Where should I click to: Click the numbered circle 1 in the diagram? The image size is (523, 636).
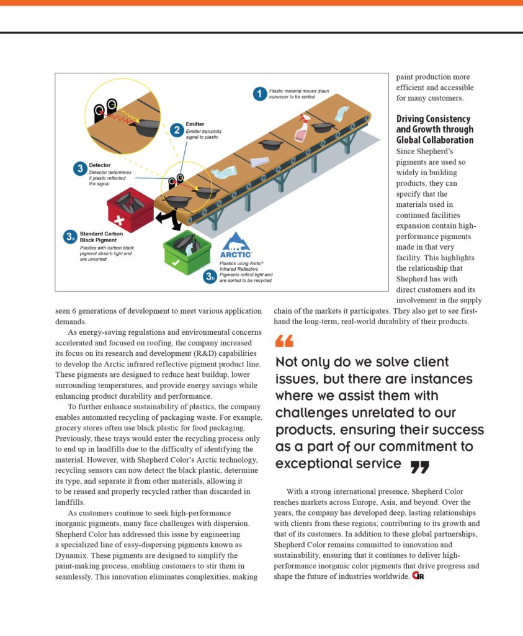tap(260, 94)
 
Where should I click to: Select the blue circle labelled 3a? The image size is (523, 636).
tap(70, 237)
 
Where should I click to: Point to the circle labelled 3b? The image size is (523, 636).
tap(210, 277)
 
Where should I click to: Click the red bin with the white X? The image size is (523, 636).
tap(130, 209)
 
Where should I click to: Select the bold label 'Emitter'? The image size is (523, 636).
tap(195, 124)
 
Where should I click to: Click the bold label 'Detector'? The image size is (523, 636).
tap(100, 165)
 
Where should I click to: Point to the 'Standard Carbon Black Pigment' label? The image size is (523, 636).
tap(102, 237)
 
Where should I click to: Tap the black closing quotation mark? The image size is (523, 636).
tap(419, 466)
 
